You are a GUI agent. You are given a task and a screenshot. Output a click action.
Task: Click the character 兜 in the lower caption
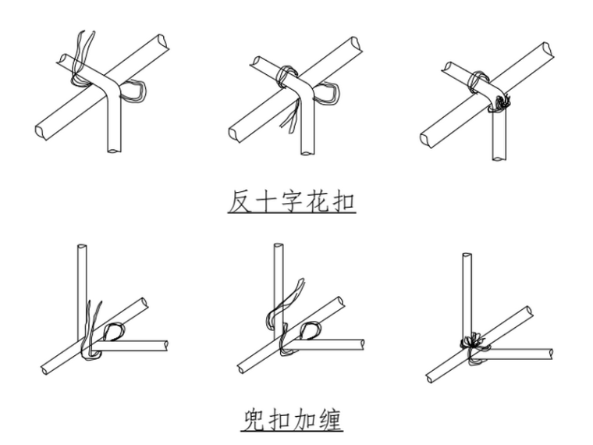coord(252,421)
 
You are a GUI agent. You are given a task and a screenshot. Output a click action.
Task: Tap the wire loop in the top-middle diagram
coord(328,93)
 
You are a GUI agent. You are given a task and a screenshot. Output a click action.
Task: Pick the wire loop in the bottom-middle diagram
coord(310,330)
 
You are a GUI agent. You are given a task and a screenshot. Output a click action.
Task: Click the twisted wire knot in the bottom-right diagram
coord(473,341)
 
